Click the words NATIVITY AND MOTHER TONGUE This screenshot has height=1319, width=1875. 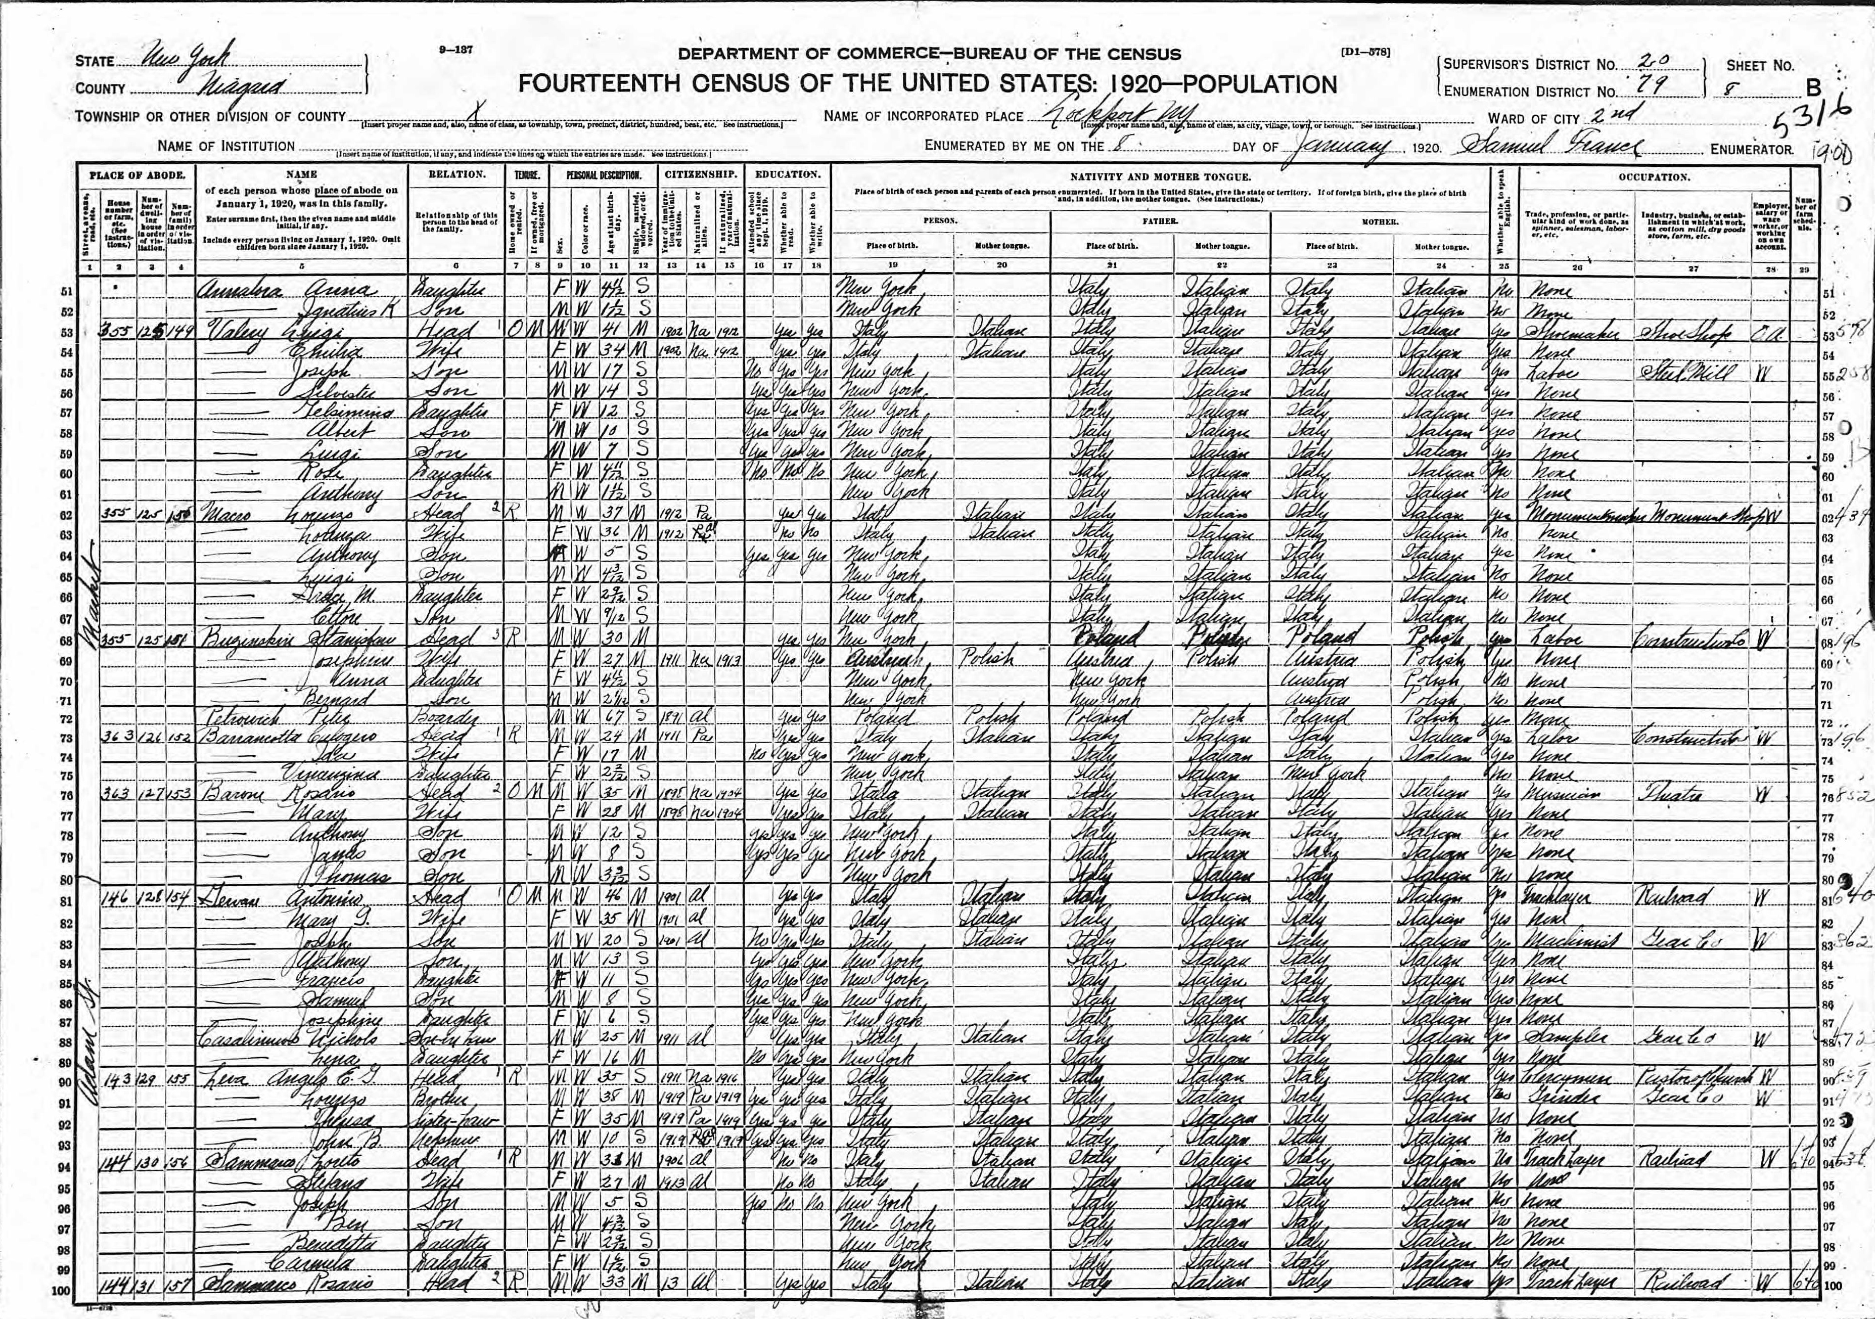pyautogui.click(x=1160, y=176)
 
